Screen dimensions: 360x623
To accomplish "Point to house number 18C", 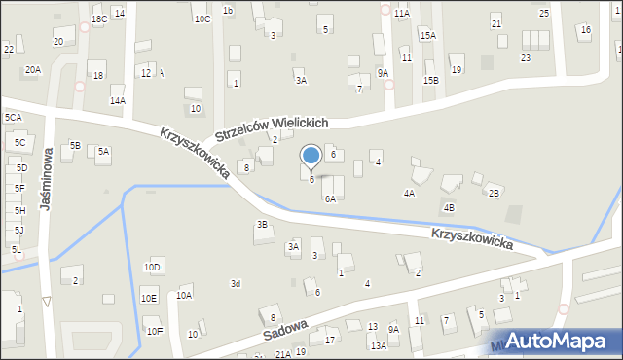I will (98, 19).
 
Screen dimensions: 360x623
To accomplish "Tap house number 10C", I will (202, 18).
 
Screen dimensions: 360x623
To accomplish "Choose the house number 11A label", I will (401, 14).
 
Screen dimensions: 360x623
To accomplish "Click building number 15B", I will (430, 80).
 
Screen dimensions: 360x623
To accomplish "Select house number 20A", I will (33, 70).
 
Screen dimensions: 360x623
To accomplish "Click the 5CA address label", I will (13, 118).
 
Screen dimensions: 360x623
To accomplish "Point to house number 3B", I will (261, 225).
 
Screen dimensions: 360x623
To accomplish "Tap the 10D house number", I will (152, 267).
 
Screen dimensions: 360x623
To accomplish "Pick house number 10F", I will (155, 331).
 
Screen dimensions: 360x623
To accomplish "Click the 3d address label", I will (235, 283).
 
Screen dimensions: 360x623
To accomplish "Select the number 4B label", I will (449, 207).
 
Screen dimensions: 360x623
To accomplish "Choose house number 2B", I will (494, 193).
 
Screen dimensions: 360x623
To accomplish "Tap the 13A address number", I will (378, 345).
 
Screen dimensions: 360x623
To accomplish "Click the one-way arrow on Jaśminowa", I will (46, 302).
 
